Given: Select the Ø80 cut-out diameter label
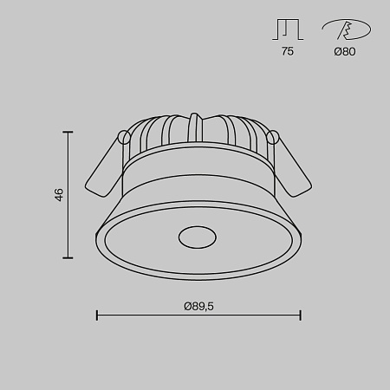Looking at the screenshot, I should (343, 51).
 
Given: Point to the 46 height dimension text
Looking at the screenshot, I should (59, 195).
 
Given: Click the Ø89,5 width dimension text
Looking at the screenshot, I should (198, 305).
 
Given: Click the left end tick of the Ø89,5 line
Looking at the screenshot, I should (96, 315).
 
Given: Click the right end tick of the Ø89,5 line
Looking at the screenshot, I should (301, 315).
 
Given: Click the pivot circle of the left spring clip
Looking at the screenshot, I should (125, 137).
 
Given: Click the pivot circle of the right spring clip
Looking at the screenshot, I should (273, 137).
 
